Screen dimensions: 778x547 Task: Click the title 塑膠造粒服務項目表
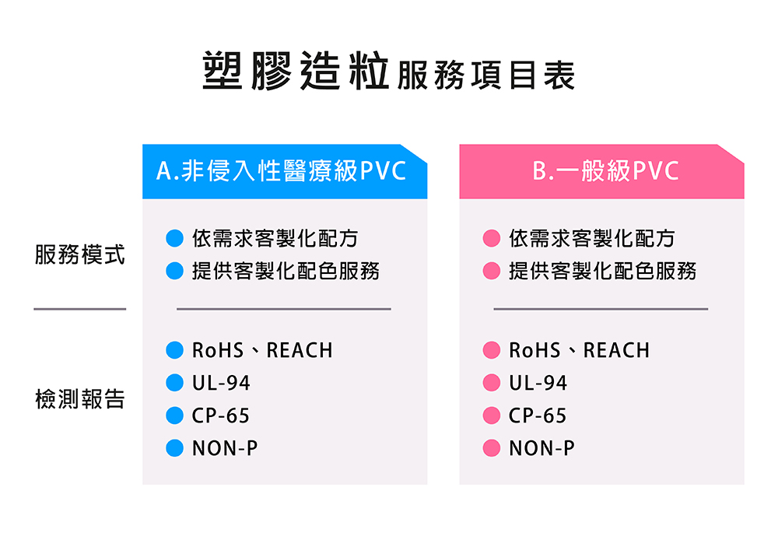pos(388,71)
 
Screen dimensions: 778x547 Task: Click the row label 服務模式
pos(80,254)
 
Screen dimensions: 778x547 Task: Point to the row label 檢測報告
pos(80,399)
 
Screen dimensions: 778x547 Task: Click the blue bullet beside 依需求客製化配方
pos(174,238)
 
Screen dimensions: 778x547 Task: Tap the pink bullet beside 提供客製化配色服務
pos(491,271)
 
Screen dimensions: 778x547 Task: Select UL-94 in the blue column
pos(221,383)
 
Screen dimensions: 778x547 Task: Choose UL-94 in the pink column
pos(538,383)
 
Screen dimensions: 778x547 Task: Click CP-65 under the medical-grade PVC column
pos(220,416)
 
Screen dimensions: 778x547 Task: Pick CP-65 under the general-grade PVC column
pos(538,416)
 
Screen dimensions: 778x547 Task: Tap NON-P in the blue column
pos(225,448)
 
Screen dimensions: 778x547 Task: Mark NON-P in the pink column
pos(541,448)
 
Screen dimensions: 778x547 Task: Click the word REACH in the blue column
pos(300,350)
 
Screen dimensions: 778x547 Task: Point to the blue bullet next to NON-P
pos(174,447)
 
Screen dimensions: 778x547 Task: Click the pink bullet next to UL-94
pos(491,383)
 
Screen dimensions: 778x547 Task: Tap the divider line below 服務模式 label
pos(80,309)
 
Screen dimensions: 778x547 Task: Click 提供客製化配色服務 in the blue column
pos(286,271)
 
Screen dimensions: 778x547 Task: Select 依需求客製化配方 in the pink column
pos(592,238)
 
